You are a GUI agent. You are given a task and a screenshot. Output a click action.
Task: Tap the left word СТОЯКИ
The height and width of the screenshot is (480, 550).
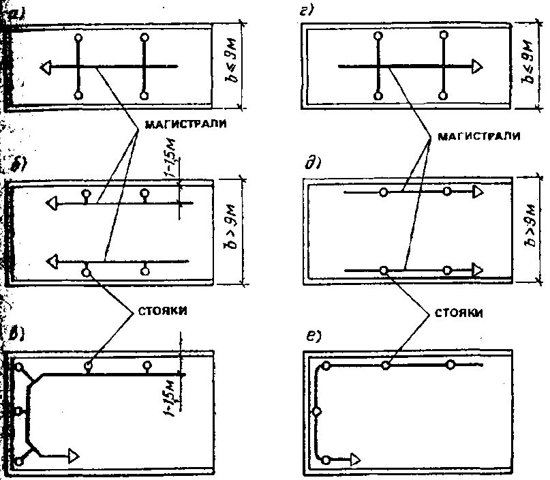(158, 310)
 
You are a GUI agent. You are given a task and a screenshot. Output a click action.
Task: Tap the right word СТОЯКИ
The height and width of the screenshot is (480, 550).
(455, 314)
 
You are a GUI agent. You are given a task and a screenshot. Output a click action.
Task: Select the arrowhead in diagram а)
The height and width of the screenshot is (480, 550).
(46, 67)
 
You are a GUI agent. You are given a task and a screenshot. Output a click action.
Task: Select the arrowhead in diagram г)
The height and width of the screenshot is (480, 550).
(478, 66)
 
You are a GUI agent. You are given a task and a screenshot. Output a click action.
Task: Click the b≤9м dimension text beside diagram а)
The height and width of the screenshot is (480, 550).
(229, 65)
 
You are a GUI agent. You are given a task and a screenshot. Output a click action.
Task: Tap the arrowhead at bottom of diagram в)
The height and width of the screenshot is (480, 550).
(74, 455)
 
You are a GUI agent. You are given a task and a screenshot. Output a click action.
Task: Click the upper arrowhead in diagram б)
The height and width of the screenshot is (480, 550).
(50, 202)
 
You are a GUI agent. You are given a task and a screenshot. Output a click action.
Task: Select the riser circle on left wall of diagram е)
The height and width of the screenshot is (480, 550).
(316, 412)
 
